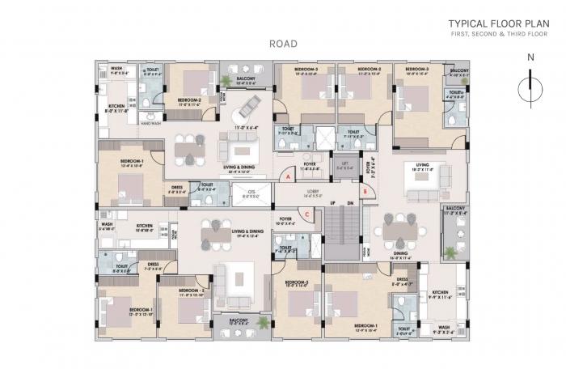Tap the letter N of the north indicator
530,57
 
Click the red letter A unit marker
288,175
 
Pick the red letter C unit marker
308,214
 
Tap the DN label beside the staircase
350,202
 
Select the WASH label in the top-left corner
116,69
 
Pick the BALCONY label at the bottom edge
239,320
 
